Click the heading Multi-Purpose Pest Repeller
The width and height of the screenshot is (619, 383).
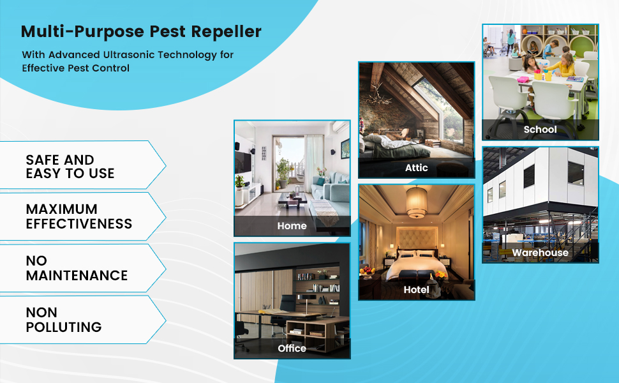(141, 31)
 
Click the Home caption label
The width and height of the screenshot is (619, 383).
(292, 226)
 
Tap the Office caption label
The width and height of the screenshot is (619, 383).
(292, 349)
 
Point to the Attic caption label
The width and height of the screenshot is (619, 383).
(416, 168)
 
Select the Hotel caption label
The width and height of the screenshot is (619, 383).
(416, 290)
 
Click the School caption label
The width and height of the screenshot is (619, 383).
(540, 130)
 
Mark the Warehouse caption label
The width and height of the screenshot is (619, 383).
(540, 253)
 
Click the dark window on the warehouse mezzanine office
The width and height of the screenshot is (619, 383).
(575, 173)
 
